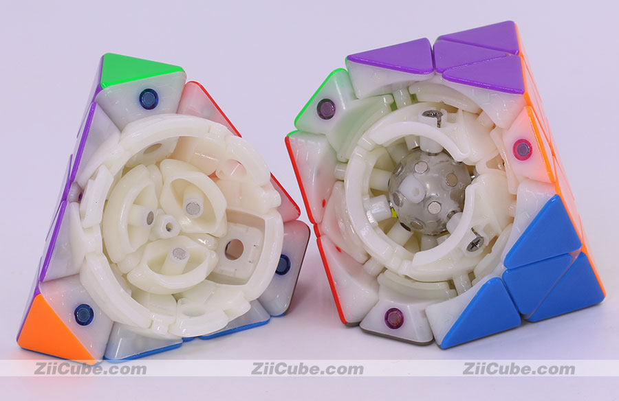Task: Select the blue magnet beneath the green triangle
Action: coord(149,99)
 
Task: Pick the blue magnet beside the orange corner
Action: coord(84,314)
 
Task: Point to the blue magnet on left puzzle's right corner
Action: coord(283,265)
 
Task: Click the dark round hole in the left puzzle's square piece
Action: coord(234,249)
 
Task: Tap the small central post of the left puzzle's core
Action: coord(169,227)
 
